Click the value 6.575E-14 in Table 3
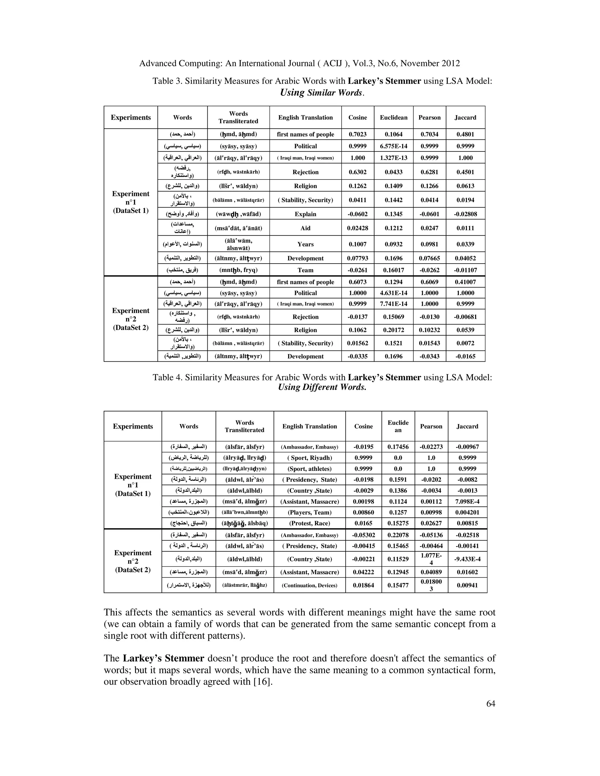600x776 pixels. point(393,146)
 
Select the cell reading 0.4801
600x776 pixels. point(465,134)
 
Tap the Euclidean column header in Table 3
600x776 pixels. point(393,118)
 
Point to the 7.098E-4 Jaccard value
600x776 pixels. point(467,501)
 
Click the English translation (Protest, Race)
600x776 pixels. point(309,523)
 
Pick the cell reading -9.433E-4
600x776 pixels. point(467,559)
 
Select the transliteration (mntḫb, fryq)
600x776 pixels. point(238,270)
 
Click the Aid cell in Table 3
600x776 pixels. point(305,228)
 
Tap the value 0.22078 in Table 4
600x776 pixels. point(398,535)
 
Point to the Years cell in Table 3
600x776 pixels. point(305,244)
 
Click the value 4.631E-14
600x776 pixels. point(393,293)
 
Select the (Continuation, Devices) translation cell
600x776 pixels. point(309,585)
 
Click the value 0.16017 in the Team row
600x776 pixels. point(393,270)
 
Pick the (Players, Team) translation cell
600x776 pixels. point(309,512)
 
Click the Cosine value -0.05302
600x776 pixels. point(363,535)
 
